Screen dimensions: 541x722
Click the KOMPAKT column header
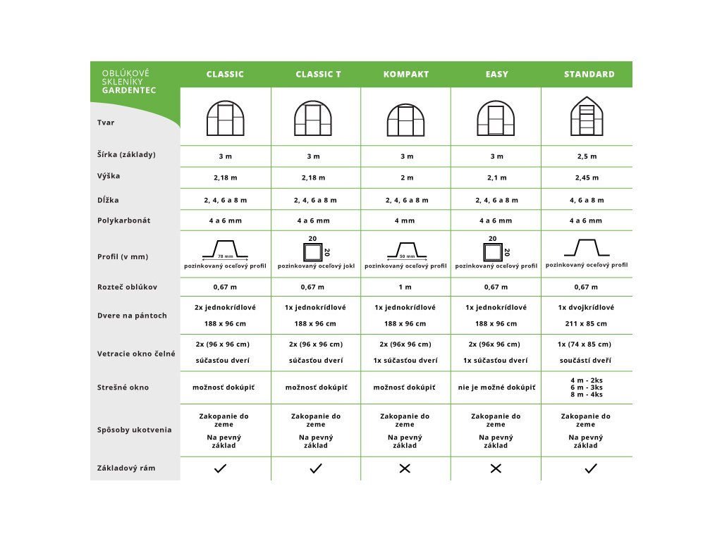405,74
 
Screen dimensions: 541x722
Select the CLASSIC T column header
318,74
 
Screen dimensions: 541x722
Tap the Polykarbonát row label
123,220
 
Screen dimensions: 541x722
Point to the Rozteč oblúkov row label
127,287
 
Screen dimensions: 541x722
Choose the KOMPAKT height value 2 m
407,178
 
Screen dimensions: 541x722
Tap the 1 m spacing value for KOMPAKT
407,287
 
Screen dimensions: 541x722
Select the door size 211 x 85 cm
586,324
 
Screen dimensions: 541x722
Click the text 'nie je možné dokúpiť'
496,387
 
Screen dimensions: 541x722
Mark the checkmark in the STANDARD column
591,468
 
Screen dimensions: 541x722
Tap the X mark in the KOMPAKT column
405,468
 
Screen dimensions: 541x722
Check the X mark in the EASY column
496,468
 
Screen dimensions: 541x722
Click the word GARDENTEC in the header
129,90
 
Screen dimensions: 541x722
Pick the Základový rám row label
126,468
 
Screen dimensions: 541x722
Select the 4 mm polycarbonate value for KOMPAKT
405,220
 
